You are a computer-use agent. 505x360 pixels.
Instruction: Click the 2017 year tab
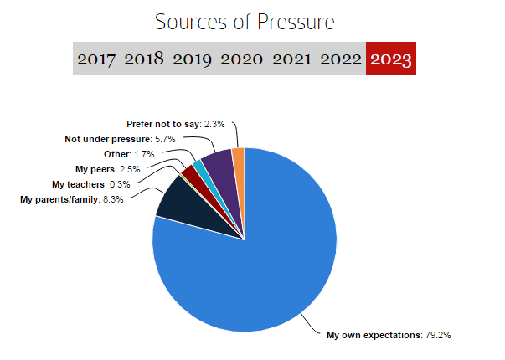97,59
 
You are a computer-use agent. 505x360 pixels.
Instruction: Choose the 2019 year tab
193,59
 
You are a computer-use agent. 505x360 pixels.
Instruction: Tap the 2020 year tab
242,59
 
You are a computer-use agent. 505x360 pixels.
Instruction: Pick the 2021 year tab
291,59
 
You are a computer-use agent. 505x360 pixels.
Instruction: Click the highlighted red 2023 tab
391,59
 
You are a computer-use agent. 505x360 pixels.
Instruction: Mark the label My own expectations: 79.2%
389,335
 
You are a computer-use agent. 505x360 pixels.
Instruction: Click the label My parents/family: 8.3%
71,198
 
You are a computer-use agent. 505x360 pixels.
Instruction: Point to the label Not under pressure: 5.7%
120,138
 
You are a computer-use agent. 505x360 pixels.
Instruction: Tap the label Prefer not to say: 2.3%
177,124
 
